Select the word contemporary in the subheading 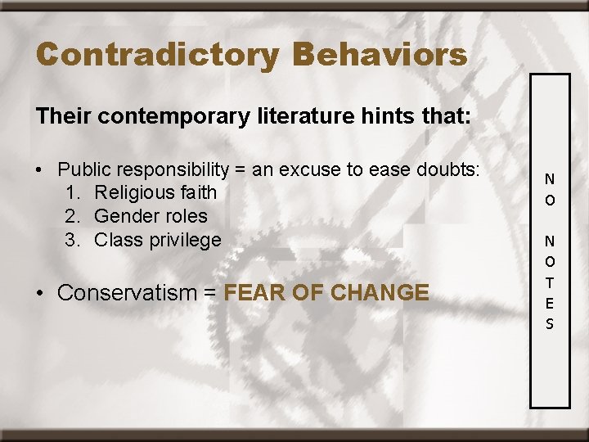tap(166, 116)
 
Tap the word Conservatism tap(127, 293)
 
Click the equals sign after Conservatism tap(210, 293)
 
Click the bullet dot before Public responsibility tap(39, 170)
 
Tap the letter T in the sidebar tap(550, 282)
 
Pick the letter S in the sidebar tap(550, 324)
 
